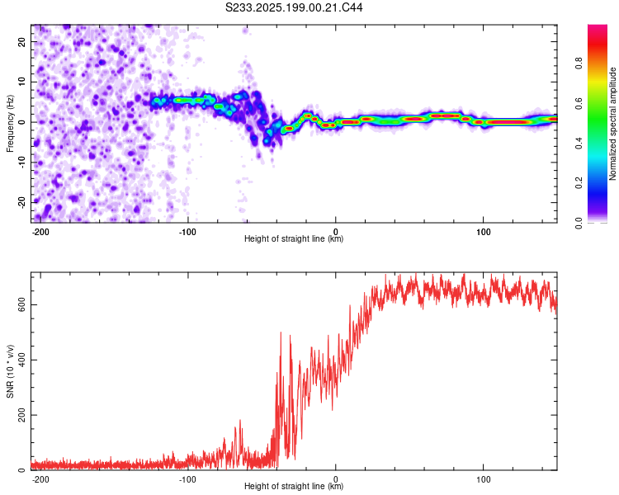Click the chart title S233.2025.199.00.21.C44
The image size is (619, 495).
pyautogui.click(x=294, y=7)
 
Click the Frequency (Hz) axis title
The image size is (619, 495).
pyautogui.click(x=10, y=124)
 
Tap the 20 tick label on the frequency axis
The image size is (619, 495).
pyautogui.click(x=21, y=41)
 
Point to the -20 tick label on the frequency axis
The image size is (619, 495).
pyautogui.click(x=21, y=202)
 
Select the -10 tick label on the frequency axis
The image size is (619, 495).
pyautogui.click(x=21, y=163)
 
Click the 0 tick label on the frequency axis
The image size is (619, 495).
pyautogui.click(x=21, y=122)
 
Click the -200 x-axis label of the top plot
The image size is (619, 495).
pyautogui.click(x=40, y=232)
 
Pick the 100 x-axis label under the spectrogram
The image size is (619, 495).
pyautogui.click(x=483, y=232)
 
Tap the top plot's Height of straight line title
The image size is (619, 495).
pyautogui.click(x=294, y=238)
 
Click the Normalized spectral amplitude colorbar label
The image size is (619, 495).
pyautogui.click(x=612, y=124)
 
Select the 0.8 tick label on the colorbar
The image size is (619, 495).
pyautogui.click(x=579, y=64)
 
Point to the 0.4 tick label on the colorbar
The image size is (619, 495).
pyautogui.click(x=579, y=144)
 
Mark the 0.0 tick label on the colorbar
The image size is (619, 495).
pyautogui.click(x=579, y=223)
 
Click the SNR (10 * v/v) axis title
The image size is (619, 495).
pyautogui.click(x=10, y=371)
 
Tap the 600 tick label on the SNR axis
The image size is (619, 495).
pyautogui.click(x=21, y=304)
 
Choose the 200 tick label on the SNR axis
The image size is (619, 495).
pyautogui.click(x=21, y=415)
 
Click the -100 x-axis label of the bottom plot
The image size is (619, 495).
pyautogui.click(x=187, y=479)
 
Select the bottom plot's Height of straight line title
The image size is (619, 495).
pyautogui.click(x=294, y=486)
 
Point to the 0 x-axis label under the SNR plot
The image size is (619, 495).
pyautogui.click(x=336, y=479)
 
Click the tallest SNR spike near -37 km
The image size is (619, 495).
pyautogui.click(x=281, y=332)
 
